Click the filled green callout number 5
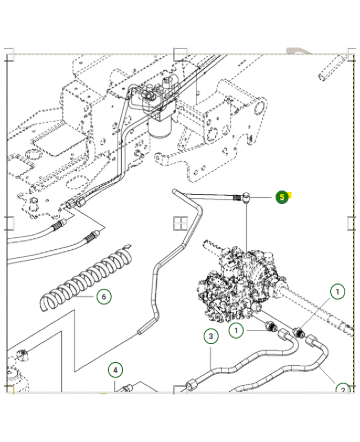(x=282, y=197)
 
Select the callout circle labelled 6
(x=103, y=297)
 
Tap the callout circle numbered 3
(x=210, y=336)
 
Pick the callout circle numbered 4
(x=115, y=370)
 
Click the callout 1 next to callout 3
(x=236, y=330)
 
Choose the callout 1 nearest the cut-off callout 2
(x=337, y=291)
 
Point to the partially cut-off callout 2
(x=343, y=389)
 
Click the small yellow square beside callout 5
(x=289, y=195)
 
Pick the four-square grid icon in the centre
(x=181, y=223)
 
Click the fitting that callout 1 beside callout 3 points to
(x=271, y=327)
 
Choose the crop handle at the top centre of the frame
(x=181, y=54)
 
